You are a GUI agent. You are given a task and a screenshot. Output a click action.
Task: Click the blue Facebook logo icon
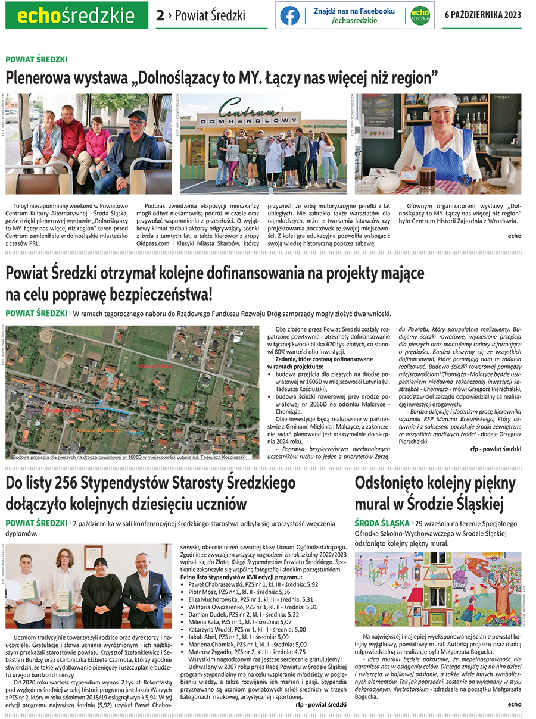290,15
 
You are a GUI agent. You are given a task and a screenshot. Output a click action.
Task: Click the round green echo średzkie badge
420,15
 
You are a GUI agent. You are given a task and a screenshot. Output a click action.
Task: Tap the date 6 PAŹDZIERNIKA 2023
483,15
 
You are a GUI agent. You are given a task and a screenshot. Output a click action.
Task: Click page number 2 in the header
160,15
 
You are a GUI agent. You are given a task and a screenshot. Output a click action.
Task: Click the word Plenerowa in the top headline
37,77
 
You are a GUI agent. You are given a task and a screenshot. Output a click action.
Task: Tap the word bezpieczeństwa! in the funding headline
159,294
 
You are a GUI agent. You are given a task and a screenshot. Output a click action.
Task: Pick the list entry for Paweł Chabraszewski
253,584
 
